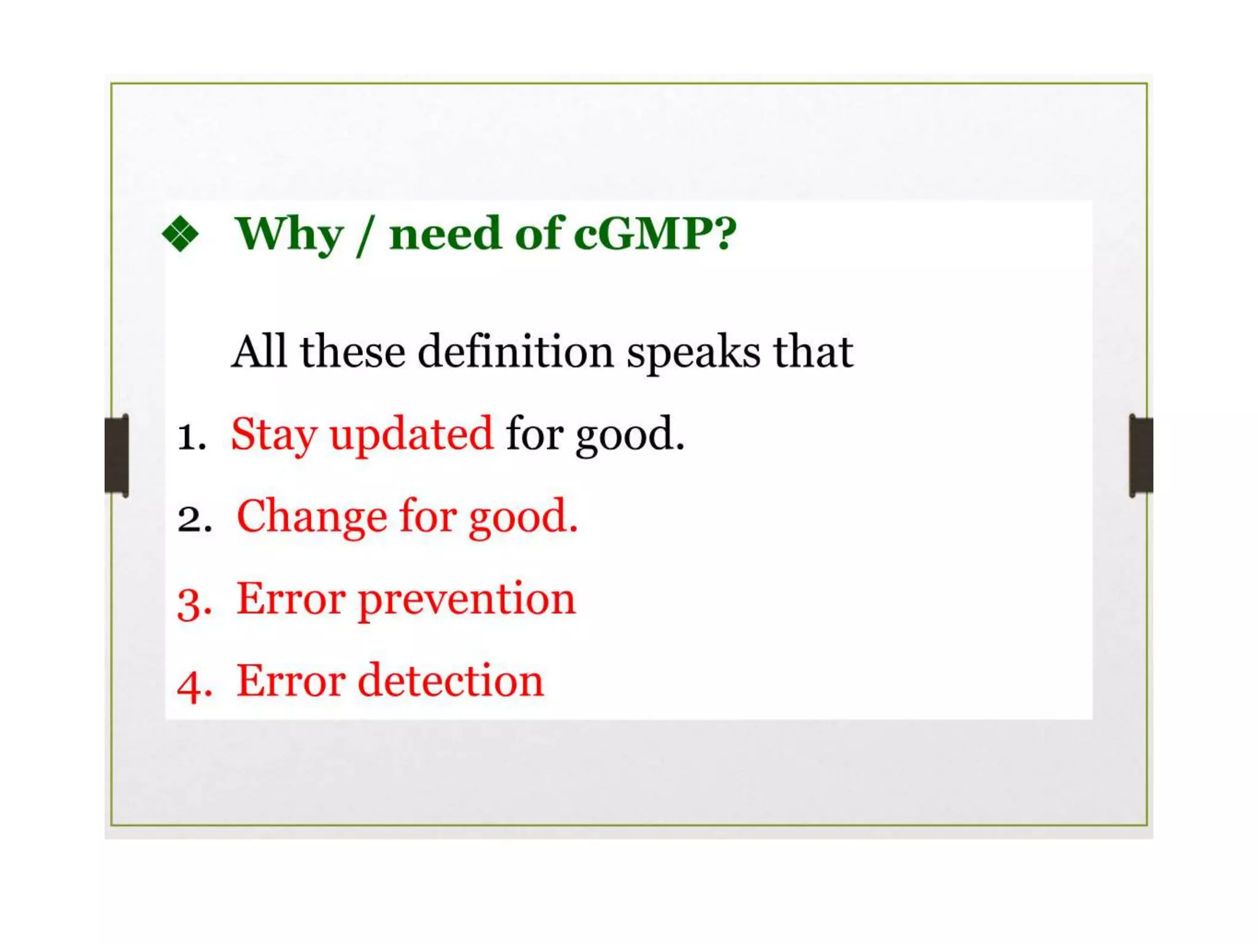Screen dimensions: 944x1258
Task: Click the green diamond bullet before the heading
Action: [x=181, y=234]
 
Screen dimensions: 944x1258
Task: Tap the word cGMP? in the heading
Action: [x=654, y=234]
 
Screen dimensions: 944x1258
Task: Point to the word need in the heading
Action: [x=445, y=234]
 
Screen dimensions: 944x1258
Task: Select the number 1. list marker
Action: [x=191, y=437]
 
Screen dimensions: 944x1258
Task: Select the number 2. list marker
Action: [x=194, y=519]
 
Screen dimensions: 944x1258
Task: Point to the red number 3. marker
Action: [x=194, y=602]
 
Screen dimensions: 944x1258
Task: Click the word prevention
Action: [x=467, y=600]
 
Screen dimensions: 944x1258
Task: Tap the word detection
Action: [x=450, y=681]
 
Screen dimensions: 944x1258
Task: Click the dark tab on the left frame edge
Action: [x=117, y=455]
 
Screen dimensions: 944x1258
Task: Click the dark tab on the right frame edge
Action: [x=1141, y=455]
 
